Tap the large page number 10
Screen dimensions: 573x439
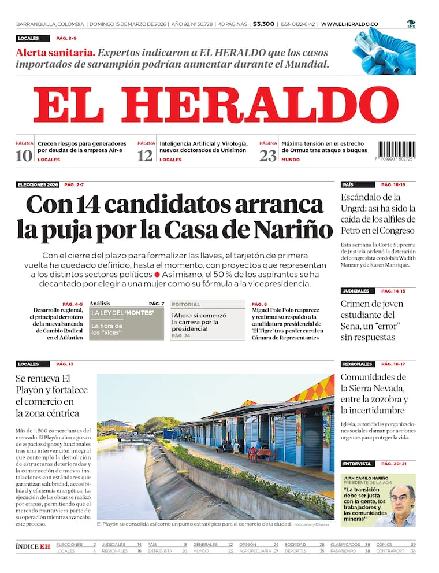(x=24, y=156)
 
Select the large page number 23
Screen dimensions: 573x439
(x=267, y=156)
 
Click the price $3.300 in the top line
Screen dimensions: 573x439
(x=263, y=24)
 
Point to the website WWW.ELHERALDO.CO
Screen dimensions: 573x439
(x=349, y=24)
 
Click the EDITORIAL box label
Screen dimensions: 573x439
(x=186, y=305)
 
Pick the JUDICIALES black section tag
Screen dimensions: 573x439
(x=355, y=291)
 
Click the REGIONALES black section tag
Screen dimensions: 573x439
(x=357, y=364)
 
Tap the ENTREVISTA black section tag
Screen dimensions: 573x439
(x=356, y=464)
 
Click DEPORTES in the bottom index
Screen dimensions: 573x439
(x=296, y=551)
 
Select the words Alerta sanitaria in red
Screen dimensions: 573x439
(x=55, y=52)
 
